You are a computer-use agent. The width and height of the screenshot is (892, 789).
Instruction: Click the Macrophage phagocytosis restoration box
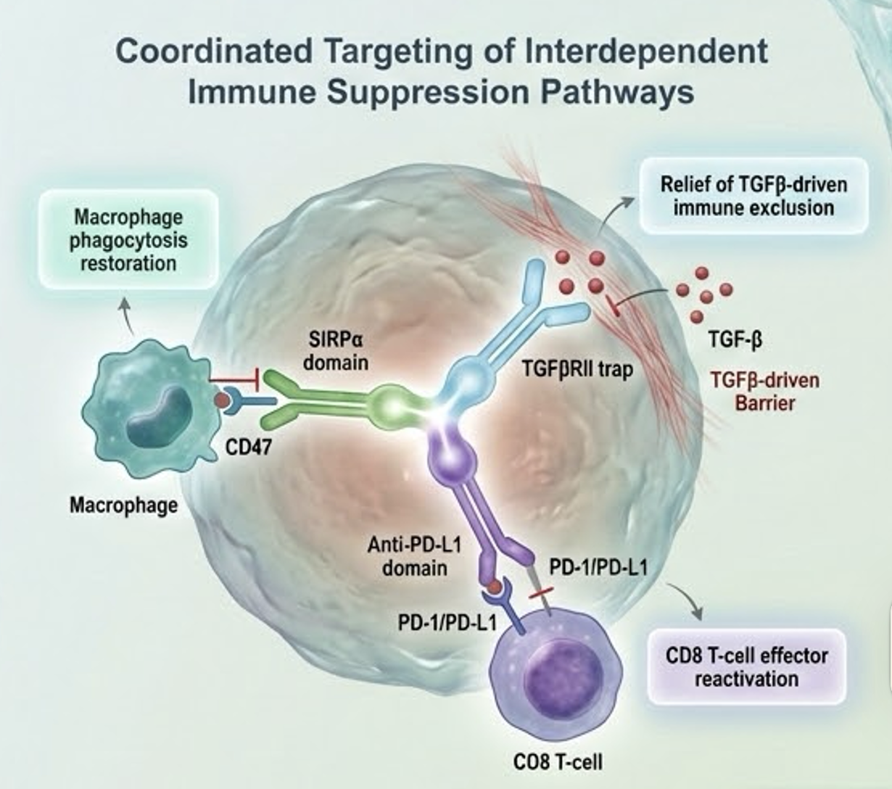128,239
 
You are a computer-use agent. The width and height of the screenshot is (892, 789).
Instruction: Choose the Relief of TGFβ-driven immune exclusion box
753,196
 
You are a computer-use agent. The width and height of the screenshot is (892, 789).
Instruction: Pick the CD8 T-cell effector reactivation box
746,667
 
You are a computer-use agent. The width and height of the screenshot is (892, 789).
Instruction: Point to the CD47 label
249,447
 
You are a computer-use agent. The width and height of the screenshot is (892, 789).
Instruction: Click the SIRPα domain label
335,351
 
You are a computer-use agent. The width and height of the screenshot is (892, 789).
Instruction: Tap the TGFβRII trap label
577,369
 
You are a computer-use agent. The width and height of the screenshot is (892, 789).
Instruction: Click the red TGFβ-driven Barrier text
764,390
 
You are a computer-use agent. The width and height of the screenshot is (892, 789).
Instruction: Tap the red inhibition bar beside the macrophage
236,379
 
